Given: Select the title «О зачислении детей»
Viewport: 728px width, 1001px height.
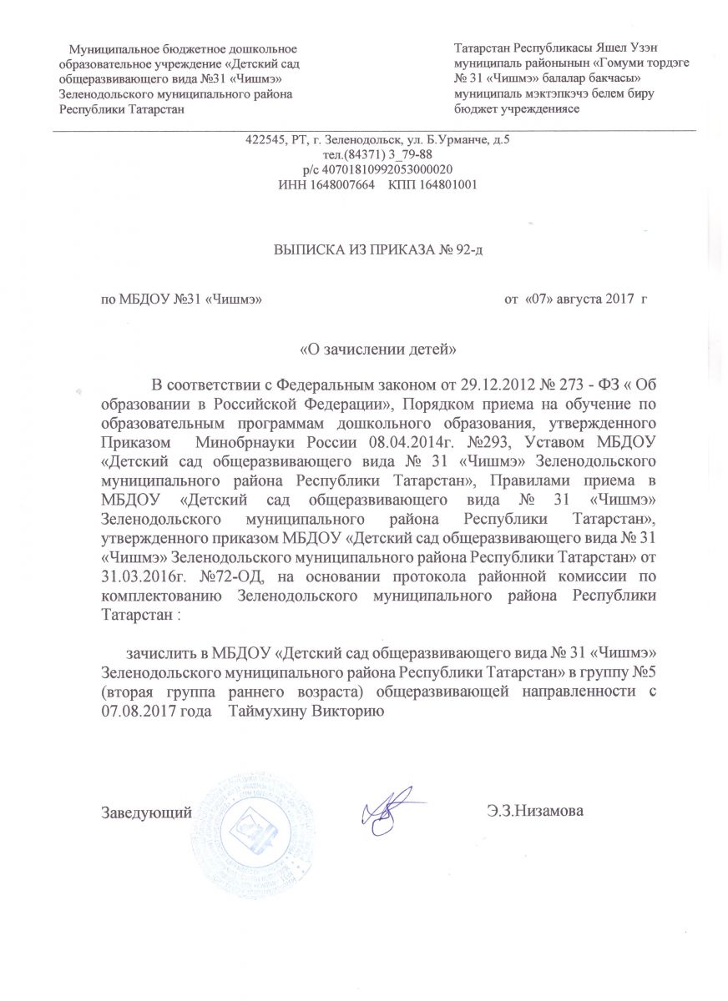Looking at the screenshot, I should pyautogui.click(x=377, y=347).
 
